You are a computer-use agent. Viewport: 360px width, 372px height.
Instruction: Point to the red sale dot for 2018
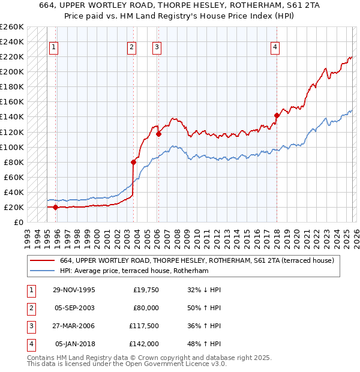pyautogui.click(x=277, y=115)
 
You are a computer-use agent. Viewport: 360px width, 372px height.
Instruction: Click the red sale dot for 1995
pyautogui.click(x=56, y=207)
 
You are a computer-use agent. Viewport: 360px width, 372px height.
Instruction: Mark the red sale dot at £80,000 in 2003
pyautogui.click(x=133, y=162)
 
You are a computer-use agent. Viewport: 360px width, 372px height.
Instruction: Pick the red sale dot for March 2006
pyautogui.click(x=158, y=134)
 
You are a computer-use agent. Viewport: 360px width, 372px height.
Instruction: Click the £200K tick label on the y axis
pyautogui.click(x=12, y=71)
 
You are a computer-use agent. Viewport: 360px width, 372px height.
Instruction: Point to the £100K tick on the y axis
pyautogui.click(x=12, y=147)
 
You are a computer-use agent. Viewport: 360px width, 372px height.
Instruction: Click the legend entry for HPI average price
pyautogui.click(x=134, y=271)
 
